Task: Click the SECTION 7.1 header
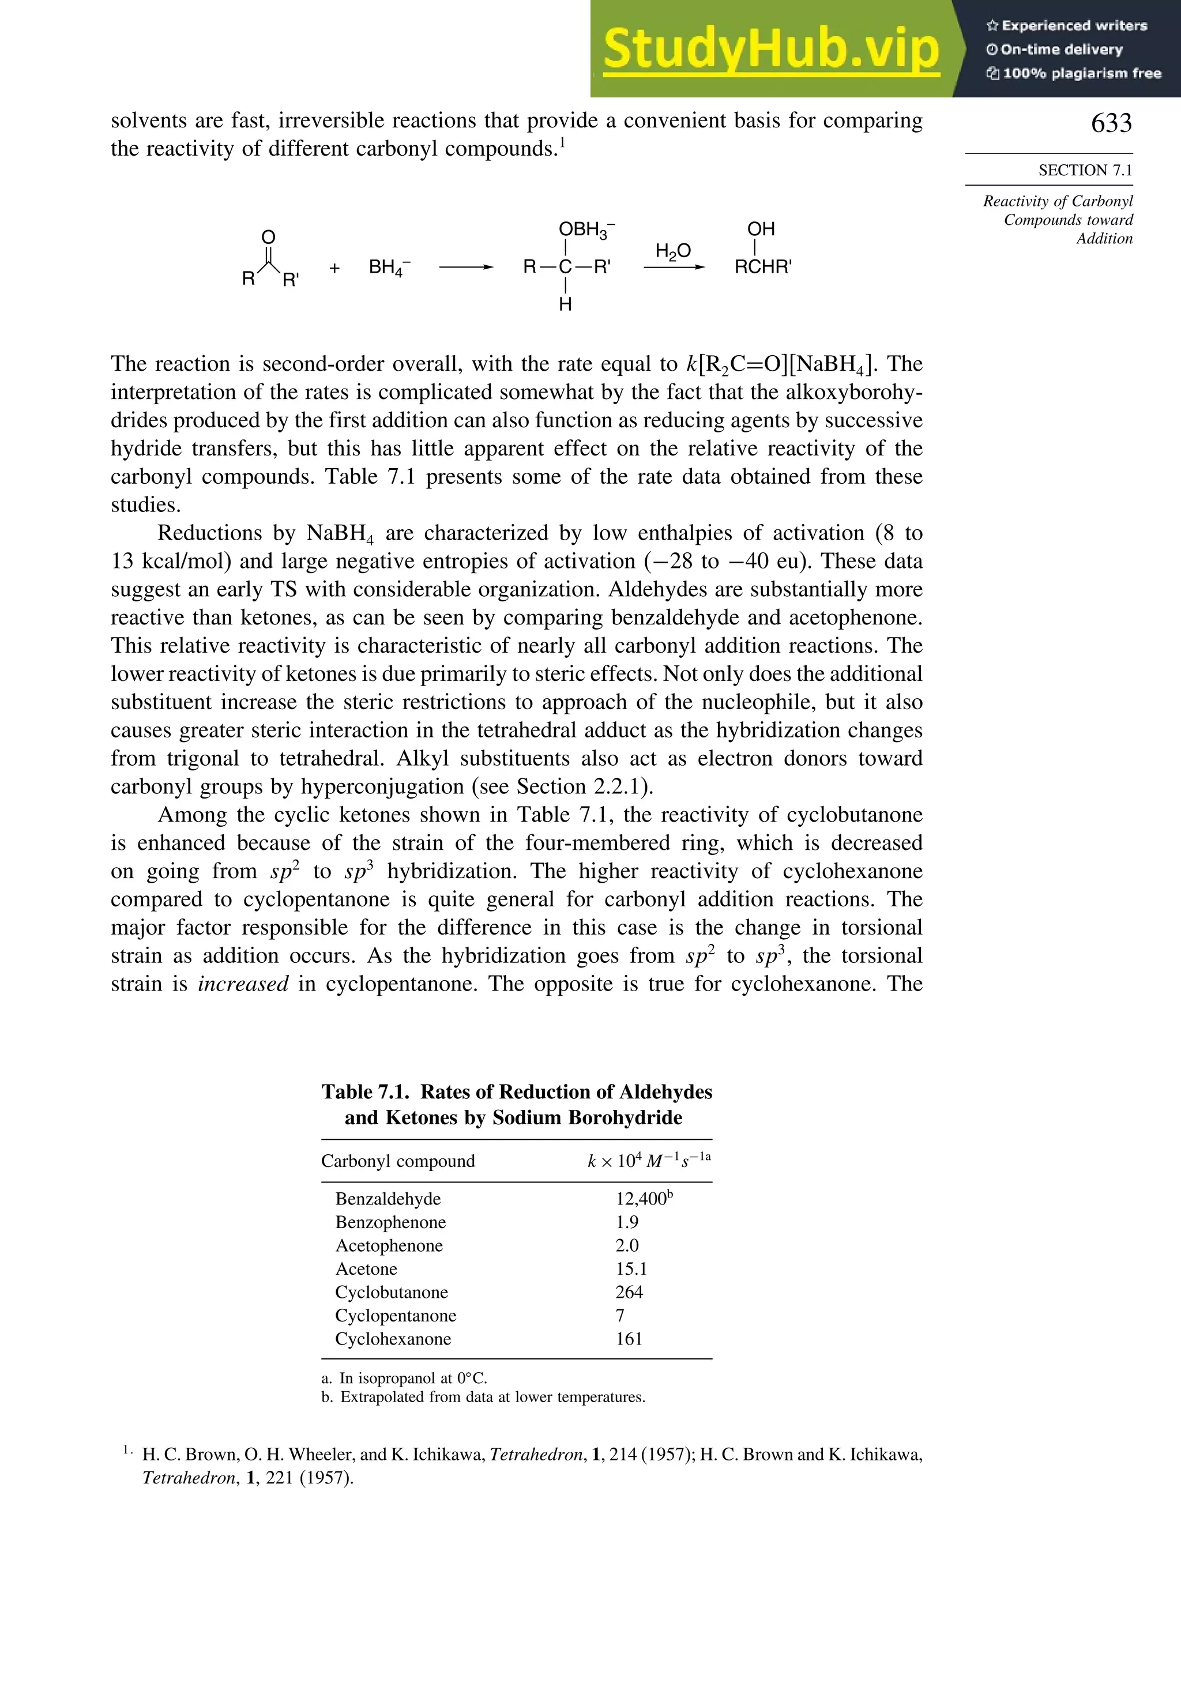(1085, 171)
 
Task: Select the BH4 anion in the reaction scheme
(389, 268)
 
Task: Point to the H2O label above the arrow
(672, 252)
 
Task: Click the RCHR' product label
(763, 268)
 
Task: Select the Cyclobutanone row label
(391, 1293)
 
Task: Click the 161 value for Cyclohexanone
(629, 1339)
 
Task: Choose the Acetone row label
(366, 1269)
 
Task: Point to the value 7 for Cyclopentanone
(619, 1316)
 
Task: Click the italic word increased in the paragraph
(243, 984)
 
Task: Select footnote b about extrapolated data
(484, 1397)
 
